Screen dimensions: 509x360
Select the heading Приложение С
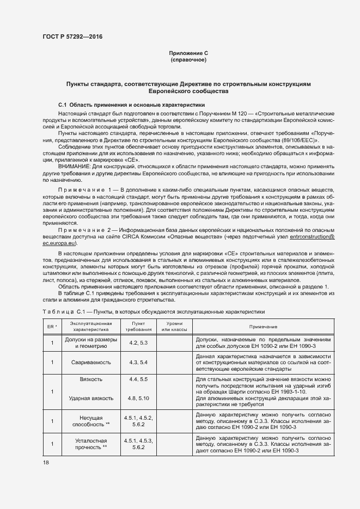click(188, 53)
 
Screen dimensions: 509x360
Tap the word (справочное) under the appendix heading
click(188, 60)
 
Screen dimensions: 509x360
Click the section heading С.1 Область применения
click(131, 104)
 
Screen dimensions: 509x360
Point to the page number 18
click(45, 462)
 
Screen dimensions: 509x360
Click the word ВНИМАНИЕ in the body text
click(75, 165)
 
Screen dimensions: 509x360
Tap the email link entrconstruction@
click(305, 237)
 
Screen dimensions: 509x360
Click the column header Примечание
click(264, 326)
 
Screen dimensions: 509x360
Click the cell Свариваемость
click(88, 361)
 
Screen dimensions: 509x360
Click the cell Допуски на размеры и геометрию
click(88, 342)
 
